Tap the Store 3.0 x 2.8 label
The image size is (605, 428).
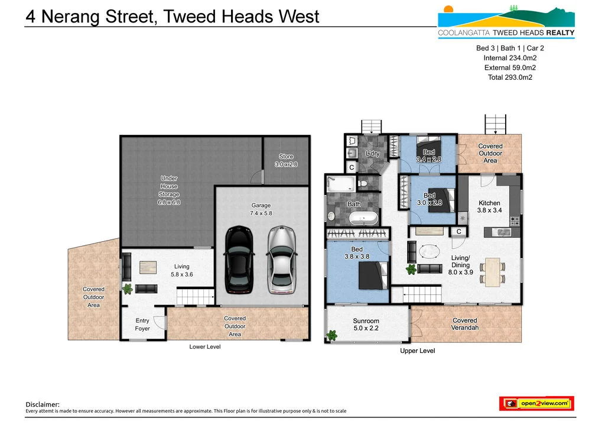click(286, 160)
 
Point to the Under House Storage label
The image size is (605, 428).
click(168, 190)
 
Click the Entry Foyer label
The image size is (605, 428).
click(142, 325)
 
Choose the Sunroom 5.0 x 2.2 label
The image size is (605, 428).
click(366, 324)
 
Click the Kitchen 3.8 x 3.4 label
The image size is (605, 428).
click(489, 206)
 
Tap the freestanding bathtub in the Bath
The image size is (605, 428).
click(363, 218)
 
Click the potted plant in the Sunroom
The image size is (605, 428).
click(331, 336)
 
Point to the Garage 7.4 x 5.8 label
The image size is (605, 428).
click(261, 209)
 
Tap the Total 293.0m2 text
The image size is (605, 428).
click(510, 77)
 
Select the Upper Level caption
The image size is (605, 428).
click(418, 351)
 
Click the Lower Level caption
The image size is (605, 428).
click(205, 346)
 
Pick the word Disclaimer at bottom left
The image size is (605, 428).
click(43, 404)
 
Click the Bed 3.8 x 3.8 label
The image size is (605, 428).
click(356, 253)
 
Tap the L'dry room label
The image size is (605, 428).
click(372, 154)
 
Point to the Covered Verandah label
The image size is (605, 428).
click(464, 324)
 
